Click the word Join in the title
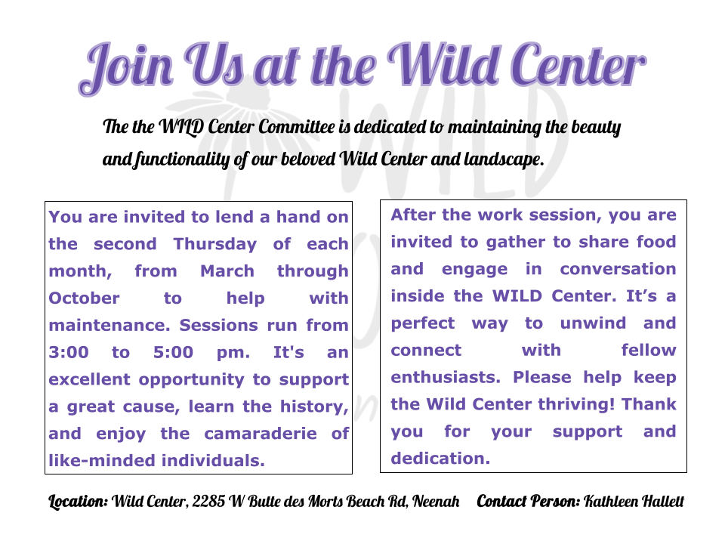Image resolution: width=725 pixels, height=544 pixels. [126, 69]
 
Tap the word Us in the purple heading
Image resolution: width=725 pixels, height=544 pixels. [214, 65]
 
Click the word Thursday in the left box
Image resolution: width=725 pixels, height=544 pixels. [215, 244]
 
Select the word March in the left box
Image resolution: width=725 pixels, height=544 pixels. [227, 271]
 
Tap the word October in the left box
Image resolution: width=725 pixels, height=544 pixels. [84, 298]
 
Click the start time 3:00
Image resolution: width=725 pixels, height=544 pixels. [69, 353]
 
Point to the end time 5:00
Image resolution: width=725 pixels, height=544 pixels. [173, 353]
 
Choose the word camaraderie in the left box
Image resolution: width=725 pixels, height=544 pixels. [261, 434]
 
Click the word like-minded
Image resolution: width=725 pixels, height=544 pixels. [103, 461]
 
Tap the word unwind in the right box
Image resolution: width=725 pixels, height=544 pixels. [593, 323]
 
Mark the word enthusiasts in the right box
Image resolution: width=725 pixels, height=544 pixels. [446, 378]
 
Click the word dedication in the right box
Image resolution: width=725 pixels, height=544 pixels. [440, 459]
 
